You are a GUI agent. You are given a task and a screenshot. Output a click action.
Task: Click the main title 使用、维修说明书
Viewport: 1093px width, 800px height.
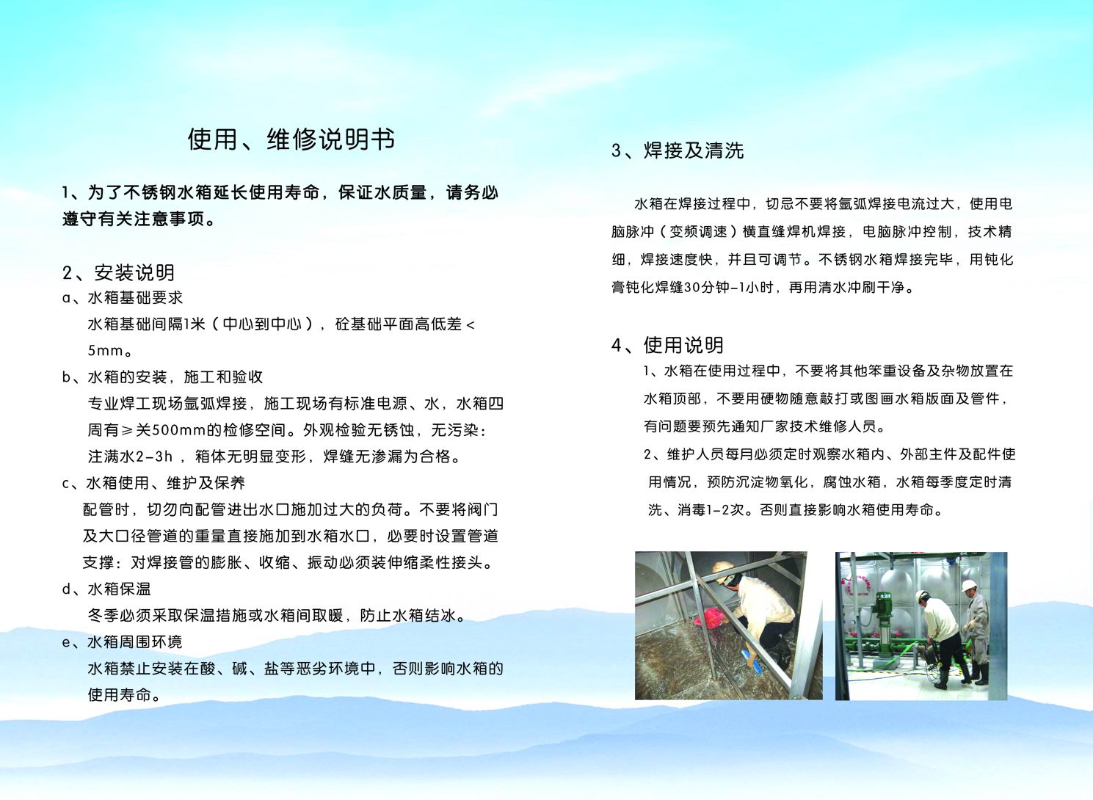click(291, 140)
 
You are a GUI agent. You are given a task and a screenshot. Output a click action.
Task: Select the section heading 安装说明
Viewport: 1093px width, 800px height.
click(134, 273)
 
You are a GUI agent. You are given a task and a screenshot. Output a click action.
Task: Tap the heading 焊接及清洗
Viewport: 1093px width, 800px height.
click(694, 150)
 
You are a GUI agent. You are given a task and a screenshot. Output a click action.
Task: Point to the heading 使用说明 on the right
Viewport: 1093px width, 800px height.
click(683, 346)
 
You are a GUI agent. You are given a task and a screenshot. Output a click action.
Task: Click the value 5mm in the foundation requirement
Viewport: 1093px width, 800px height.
click(105, 350)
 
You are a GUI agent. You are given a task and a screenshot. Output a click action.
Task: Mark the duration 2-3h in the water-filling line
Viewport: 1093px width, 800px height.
click(153, 457)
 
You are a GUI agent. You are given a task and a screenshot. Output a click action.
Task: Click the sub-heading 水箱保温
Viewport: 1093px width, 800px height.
click(119, 589)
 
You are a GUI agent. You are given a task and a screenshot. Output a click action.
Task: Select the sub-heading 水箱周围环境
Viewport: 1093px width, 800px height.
click(134, 642)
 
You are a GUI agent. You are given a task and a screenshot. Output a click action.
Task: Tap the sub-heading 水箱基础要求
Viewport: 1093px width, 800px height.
click(135, 297)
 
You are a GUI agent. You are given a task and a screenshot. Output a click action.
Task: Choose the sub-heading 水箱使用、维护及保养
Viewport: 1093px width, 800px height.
click(165, 483)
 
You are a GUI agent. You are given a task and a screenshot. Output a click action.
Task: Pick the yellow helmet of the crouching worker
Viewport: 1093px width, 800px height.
click(723, 567)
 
